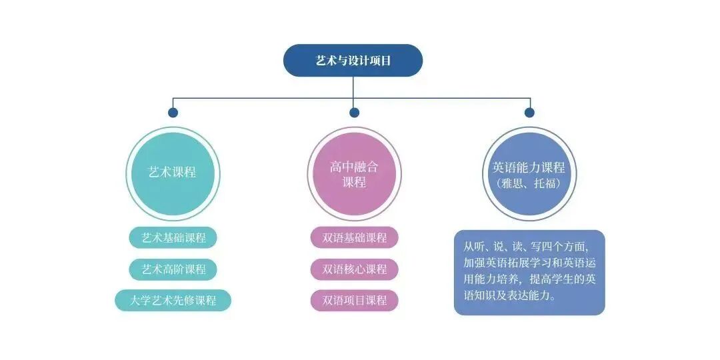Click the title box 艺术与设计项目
[353, 61]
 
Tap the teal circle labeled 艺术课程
[172, 173]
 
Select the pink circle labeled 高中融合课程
[354, 174]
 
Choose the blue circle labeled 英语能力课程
[528, 174]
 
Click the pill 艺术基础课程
[173, 237]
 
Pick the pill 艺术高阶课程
[173, 269]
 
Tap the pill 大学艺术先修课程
[173, 300]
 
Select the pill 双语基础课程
[354, 237]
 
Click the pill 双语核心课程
[354, 269]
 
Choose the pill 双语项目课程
[354, 300]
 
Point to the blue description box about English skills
[529, 272]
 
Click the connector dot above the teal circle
[173, 113]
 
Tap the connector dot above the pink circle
[354, 113]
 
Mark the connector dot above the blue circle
[529, 113]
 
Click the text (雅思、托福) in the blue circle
[528, 182]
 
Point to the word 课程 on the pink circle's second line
[354, 182]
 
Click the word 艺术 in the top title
[326, 61]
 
